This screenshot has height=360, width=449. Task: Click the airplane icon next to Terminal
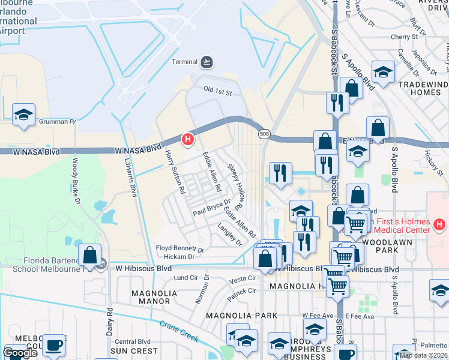click(207, 61)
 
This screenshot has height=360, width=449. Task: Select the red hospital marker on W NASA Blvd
click(187, 140)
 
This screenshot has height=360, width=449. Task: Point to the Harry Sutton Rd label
click(175, 172)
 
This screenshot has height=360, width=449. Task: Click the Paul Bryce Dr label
click(211, 208)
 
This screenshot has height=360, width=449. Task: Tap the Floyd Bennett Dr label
click(180, 248)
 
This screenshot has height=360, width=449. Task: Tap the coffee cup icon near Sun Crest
click(54, 344)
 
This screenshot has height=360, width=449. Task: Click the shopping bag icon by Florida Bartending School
click(89, 254)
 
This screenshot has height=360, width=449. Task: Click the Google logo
click(20, 352)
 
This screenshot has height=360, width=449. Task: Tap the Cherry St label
click(403, 37)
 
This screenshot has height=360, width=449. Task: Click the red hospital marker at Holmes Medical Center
click(439, 225)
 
